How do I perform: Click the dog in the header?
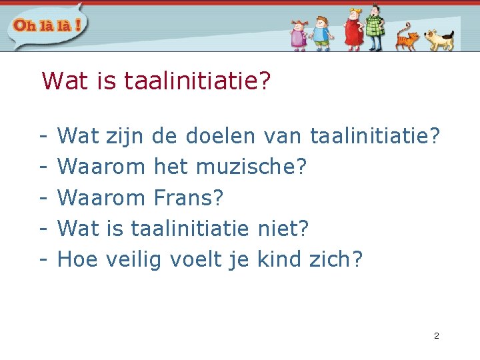[439, 39]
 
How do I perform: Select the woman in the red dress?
[353, 29]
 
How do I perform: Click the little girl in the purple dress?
[299, 35]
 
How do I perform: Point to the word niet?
[283, 228]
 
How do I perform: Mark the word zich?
[336, 259]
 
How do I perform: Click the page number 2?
[436, 335]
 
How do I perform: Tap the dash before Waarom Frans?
[42, 198]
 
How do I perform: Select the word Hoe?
[74, 259]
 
